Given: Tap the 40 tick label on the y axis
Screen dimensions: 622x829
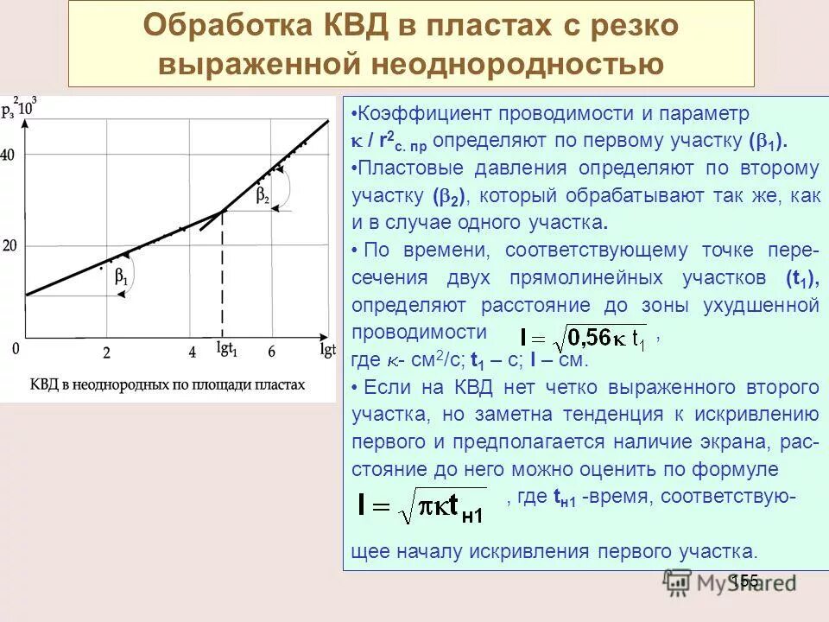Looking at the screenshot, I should point(9,155).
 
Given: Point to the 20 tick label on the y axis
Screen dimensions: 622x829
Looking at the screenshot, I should point(9,245).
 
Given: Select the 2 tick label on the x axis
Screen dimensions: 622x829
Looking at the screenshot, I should point(106,352).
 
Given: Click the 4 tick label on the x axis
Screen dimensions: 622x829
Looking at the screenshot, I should point(192,352).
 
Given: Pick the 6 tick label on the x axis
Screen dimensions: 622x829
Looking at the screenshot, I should point(271,352).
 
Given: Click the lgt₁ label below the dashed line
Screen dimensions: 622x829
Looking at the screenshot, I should point(226,352).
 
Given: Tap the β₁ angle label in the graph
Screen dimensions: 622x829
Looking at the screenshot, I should point(121,279).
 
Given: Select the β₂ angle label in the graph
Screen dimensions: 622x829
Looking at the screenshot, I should point(263,196).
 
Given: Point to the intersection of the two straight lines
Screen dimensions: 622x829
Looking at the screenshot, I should point(223,210).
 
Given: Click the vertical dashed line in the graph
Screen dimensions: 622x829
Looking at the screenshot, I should point(223,276).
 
